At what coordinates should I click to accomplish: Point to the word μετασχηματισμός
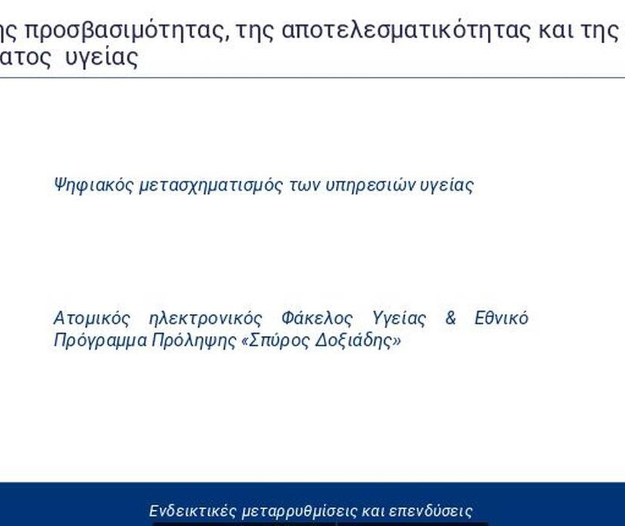[x=211, y=185]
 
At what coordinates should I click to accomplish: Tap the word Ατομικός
[x=92, y=319]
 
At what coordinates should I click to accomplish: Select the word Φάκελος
[x=317, y=319]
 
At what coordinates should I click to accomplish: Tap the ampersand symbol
[x=450, y=318]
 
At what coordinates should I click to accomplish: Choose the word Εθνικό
[x=502, y=318]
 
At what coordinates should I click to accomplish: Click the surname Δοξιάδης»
[x=358, y=341]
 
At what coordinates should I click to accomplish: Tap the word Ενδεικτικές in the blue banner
[x=193, y=511]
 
